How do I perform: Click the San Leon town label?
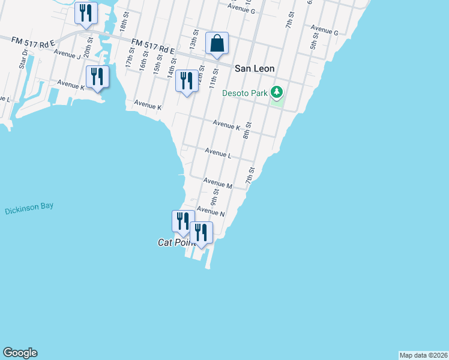tap(255, 68)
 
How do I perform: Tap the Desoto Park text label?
tap(245, 93)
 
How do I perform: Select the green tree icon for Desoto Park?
tap(276, 92)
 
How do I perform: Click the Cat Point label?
tap(173, 242)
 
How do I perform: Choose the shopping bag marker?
tap(217, 43)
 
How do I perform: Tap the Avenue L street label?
tap(218, 154)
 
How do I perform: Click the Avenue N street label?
tap(211, 212)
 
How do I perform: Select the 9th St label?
tap(215, 195)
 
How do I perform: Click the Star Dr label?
tap(23, 59)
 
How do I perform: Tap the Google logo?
tap(20, 353)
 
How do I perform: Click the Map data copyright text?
tap(423, 355)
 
